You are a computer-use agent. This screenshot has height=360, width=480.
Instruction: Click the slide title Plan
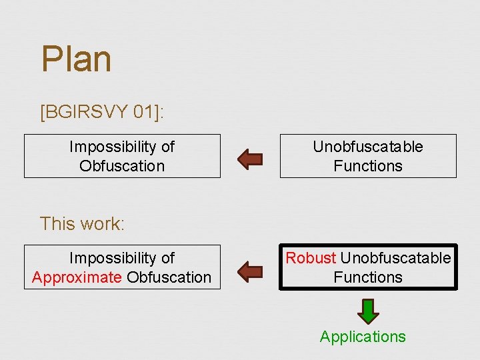[x=76, y=59]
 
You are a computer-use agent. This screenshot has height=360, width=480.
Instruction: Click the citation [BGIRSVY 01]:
[x=102, y=111]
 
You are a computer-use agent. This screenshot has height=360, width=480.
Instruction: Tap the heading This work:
[x=82, y=223]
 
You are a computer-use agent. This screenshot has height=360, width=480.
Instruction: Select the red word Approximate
[x=77, y=277]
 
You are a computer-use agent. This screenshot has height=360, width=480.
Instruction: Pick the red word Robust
[x=311, y=258]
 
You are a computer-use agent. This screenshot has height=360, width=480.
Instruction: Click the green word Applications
[x=363, y=337]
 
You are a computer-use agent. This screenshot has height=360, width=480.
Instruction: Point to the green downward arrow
[x=368, y=311]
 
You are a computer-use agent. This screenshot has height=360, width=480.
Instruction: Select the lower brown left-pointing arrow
[x=251, y=271]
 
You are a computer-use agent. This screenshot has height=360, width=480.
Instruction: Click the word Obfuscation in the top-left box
[x=122, y=166]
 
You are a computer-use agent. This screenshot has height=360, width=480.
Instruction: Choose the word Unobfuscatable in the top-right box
[x=368, y=147]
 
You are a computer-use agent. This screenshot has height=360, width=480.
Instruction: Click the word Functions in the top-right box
[x=368, y=166]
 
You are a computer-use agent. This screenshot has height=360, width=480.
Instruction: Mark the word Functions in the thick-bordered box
[x=368, y=277]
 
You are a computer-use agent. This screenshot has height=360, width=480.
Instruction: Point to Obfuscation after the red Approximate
[x=169, y=277]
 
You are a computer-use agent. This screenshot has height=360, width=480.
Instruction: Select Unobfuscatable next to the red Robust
[x=395, y=258]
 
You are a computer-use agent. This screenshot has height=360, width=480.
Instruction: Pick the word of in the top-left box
[x=167, y=147]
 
